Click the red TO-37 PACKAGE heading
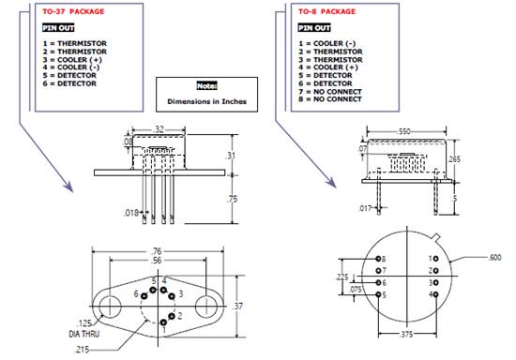tap(73, 11)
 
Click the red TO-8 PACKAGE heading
tap(326, 11)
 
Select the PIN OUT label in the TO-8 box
tap(314, 28)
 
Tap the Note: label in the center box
tap(206, 86)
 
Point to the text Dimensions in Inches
tap(206, 101)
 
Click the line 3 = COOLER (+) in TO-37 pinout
tap(72, 59)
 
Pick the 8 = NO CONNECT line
tap(330, 99)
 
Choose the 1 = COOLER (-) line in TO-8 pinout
tap(327, 43)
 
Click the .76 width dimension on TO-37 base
tap(157, 251)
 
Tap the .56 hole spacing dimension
tap(157, 261)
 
